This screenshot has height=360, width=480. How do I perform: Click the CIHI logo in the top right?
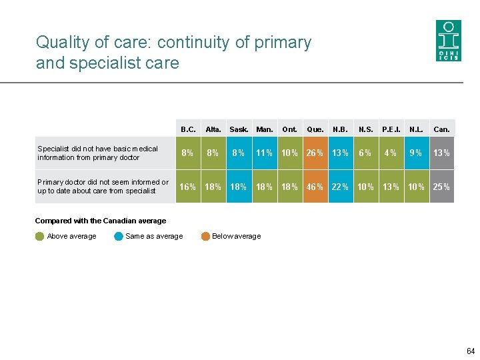tap(448, 41)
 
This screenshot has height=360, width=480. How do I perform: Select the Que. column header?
tap(315, 129)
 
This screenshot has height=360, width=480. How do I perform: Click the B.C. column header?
tap(189, 129)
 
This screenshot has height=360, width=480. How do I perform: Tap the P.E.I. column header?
tap(390, 129)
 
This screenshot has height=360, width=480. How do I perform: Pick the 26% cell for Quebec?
tap(315, 153)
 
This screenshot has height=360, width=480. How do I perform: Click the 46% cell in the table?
tap(315, 187)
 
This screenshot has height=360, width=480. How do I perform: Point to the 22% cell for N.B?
tap(340, 187)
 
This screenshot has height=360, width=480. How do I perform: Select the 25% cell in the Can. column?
tap(441, 187)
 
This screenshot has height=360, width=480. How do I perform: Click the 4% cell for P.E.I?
tap(390, 153)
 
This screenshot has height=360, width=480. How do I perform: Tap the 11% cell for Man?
tap(265, 153)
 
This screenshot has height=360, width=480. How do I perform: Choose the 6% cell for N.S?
tap(365, 153)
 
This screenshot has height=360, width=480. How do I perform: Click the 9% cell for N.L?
tap(416, 153)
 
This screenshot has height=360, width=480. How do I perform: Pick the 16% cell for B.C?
tap(189, 187)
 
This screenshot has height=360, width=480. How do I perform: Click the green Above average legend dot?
tap(40, 236)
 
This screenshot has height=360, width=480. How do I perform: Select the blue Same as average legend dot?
tap(119, 236)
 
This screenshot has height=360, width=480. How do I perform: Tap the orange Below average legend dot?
tap(205, 236)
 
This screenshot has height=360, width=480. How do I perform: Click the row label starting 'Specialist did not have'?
tap(98, 153)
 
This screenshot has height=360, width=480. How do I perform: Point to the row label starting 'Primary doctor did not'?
tap(103, 186)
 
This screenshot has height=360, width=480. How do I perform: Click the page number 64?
tap(471, 351)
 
